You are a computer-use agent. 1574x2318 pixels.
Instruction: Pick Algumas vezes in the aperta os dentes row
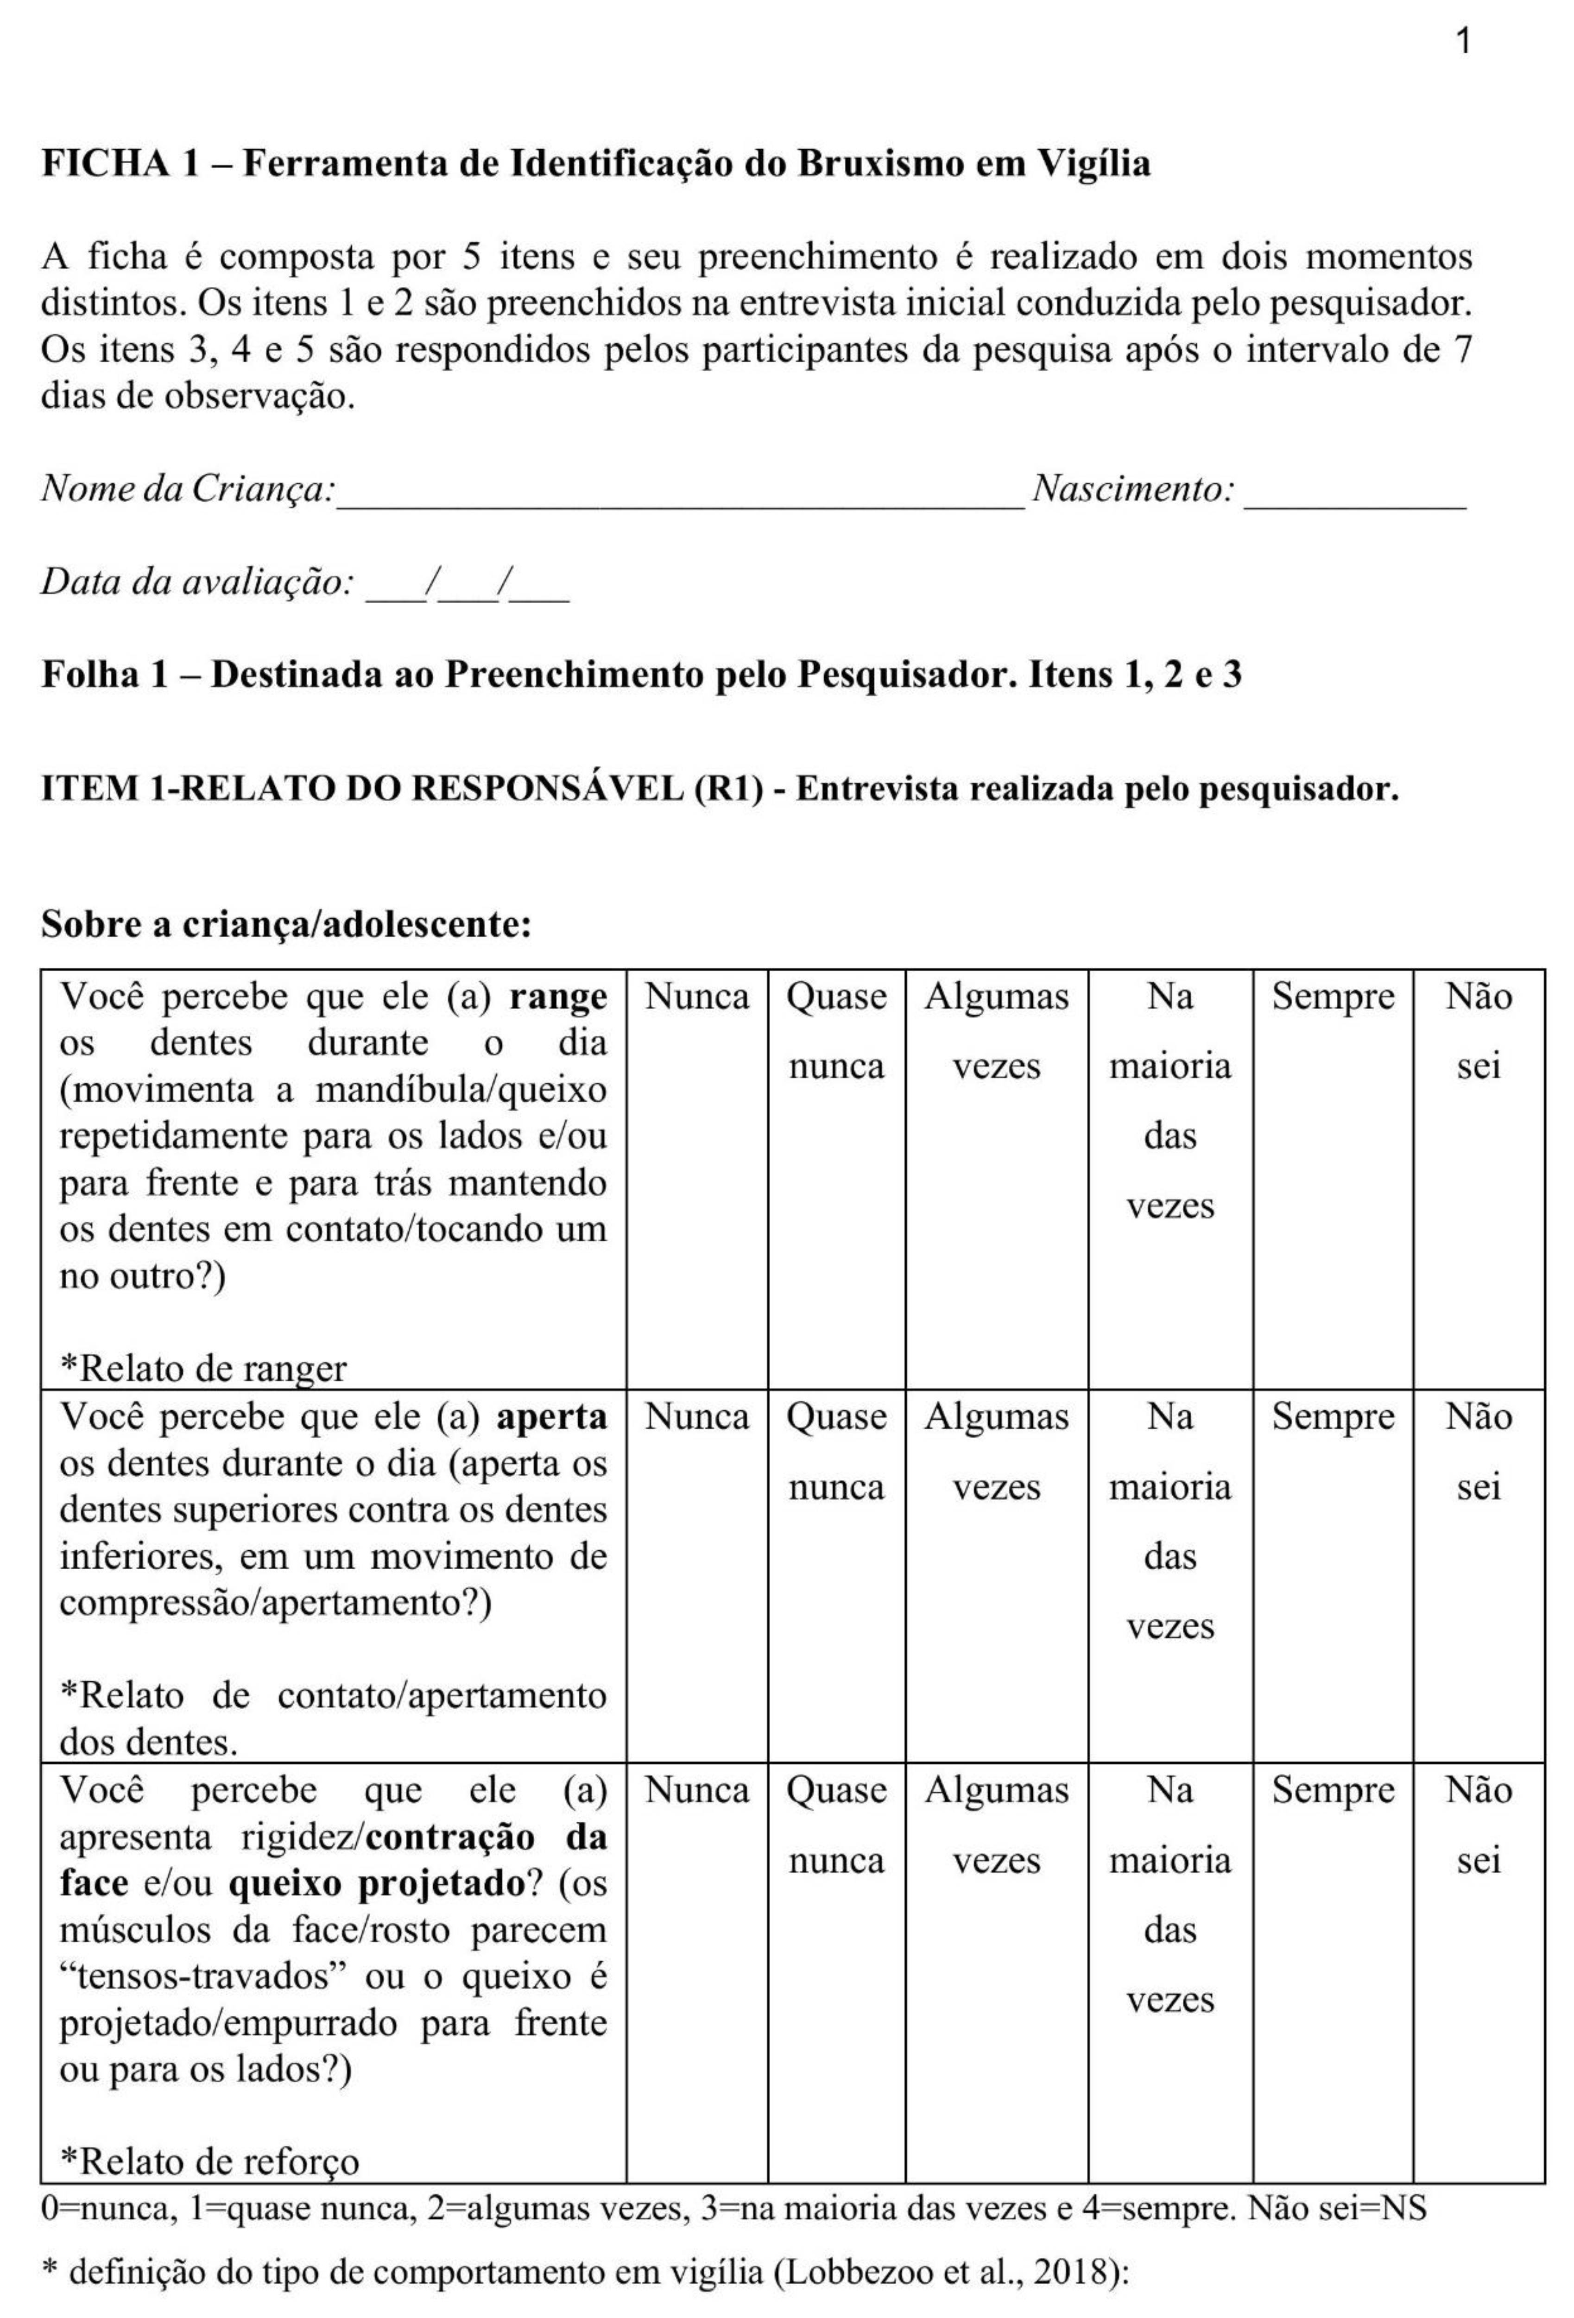995,1451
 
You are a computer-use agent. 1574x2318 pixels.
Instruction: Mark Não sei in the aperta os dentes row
1478,1451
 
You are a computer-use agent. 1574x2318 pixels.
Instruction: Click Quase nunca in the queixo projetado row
836,1824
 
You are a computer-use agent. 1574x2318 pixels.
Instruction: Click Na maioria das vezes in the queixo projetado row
1170,1894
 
